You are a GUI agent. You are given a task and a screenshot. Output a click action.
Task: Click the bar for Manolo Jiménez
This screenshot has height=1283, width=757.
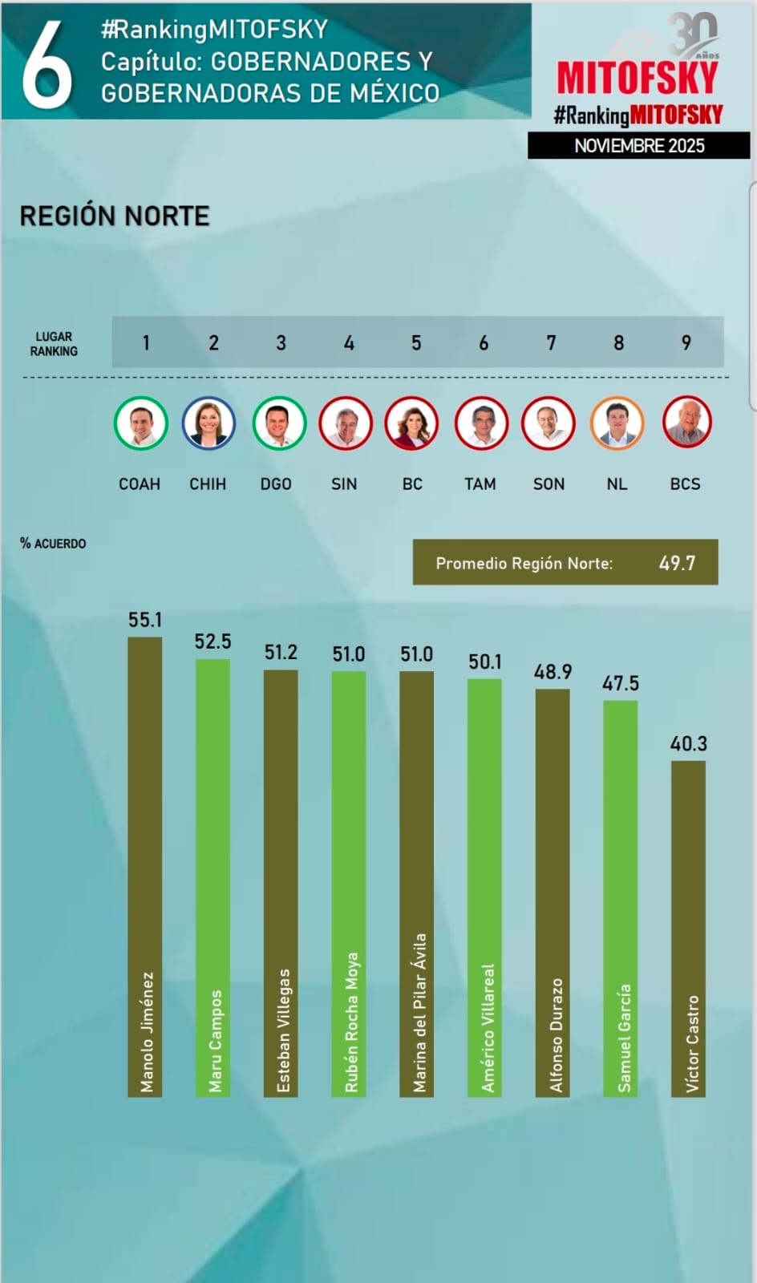145,866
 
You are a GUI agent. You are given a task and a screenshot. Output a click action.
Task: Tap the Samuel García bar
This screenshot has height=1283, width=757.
621,897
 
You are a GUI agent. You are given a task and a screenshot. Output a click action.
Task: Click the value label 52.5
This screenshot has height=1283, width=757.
213,641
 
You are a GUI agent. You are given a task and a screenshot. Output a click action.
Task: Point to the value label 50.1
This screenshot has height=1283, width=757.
485,662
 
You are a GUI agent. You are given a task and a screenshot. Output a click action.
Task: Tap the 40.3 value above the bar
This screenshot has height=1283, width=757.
688,744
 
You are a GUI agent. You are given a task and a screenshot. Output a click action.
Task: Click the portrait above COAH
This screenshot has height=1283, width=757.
140,423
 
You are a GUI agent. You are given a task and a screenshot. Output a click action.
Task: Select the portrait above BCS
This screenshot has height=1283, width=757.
687,423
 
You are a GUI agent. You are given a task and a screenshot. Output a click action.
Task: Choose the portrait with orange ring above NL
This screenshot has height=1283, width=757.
617,423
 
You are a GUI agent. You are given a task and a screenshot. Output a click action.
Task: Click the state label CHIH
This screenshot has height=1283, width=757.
208,484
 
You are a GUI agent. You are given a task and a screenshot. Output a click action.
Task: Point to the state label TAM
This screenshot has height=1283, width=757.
480,484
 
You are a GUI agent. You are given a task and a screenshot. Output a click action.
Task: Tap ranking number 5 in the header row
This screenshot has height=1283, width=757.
416,343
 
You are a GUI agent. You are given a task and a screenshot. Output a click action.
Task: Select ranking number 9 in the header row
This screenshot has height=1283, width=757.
686,343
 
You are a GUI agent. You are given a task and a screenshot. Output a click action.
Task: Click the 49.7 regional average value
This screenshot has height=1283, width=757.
677,563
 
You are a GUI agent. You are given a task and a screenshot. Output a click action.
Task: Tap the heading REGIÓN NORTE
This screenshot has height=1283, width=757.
115,216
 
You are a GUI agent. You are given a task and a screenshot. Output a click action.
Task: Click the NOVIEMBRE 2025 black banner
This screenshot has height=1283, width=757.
639,146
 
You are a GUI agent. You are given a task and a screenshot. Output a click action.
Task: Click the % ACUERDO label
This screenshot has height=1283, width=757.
53,544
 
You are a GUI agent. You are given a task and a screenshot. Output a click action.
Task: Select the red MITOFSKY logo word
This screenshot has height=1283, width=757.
638,79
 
